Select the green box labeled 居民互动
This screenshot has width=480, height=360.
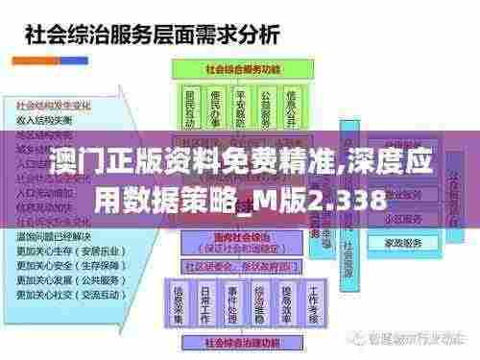click(189, 108)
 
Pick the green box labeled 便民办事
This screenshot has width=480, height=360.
click(216, 108)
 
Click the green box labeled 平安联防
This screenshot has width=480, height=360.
click(241, 108)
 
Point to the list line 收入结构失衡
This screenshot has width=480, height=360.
click(44, 118)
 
